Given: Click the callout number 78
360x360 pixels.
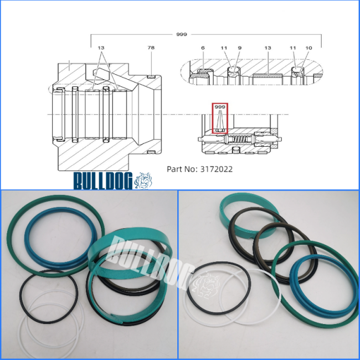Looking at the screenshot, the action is [x=151, y=48].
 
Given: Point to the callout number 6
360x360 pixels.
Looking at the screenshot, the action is [x=203, y=48].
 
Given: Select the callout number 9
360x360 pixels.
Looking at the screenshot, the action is [x=240, y=48].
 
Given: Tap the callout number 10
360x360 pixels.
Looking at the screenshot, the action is [x=309, y=48].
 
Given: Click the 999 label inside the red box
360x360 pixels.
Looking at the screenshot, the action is [x=220, y=107].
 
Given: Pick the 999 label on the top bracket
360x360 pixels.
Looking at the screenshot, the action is [x=182, y=34].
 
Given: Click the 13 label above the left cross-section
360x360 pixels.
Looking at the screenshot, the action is [x=101, y=48].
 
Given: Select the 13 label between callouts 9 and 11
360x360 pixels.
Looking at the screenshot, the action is [x=268, y=48].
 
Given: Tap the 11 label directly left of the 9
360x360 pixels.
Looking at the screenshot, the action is [x=224, y=48].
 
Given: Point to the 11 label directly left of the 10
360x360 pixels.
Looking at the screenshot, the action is [x=293, y=48].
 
